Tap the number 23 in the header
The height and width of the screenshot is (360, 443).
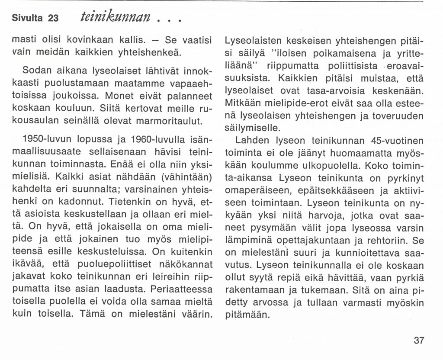pyautogui.click(x=53, y=18)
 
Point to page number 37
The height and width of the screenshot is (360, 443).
pyautogui.click(x=419, y=341)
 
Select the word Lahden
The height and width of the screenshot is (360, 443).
pyautogui.click(x=253, y=141)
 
